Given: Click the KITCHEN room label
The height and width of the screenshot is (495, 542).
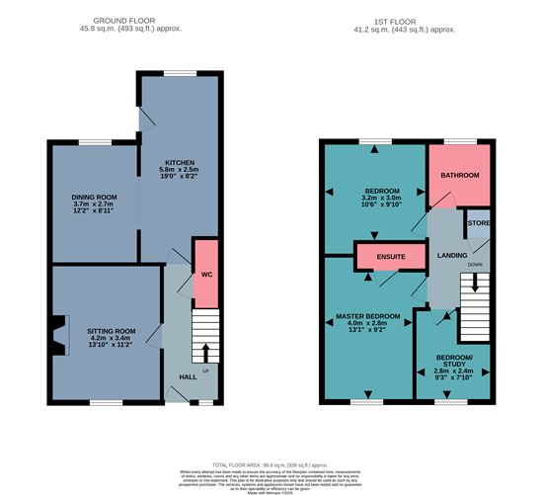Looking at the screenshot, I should (179, 162).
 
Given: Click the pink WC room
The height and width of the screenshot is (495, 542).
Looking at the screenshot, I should (205, 272).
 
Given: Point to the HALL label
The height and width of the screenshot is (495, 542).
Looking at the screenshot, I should (188, 376).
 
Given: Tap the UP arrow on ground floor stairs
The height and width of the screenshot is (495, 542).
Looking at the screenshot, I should (205, 353).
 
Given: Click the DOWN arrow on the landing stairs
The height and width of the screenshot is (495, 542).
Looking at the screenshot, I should (476, 283).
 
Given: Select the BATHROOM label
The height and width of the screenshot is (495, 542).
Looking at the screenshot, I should (459, 175).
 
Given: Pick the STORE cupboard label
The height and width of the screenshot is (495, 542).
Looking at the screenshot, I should (478, 223).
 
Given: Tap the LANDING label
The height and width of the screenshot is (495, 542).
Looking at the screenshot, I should (451, 256).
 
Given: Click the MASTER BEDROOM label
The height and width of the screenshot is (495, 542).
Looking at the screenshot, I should (368, 315).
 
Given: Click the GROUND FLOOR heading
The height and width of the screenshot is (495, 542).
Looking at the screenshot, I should (124, 20).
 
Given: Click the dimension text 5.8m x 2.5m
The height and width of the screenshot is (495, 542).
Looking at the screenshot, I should (179, 171).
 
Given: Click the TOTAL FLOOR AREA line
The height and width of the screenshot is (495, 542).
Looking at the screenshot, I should (270, 463).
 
